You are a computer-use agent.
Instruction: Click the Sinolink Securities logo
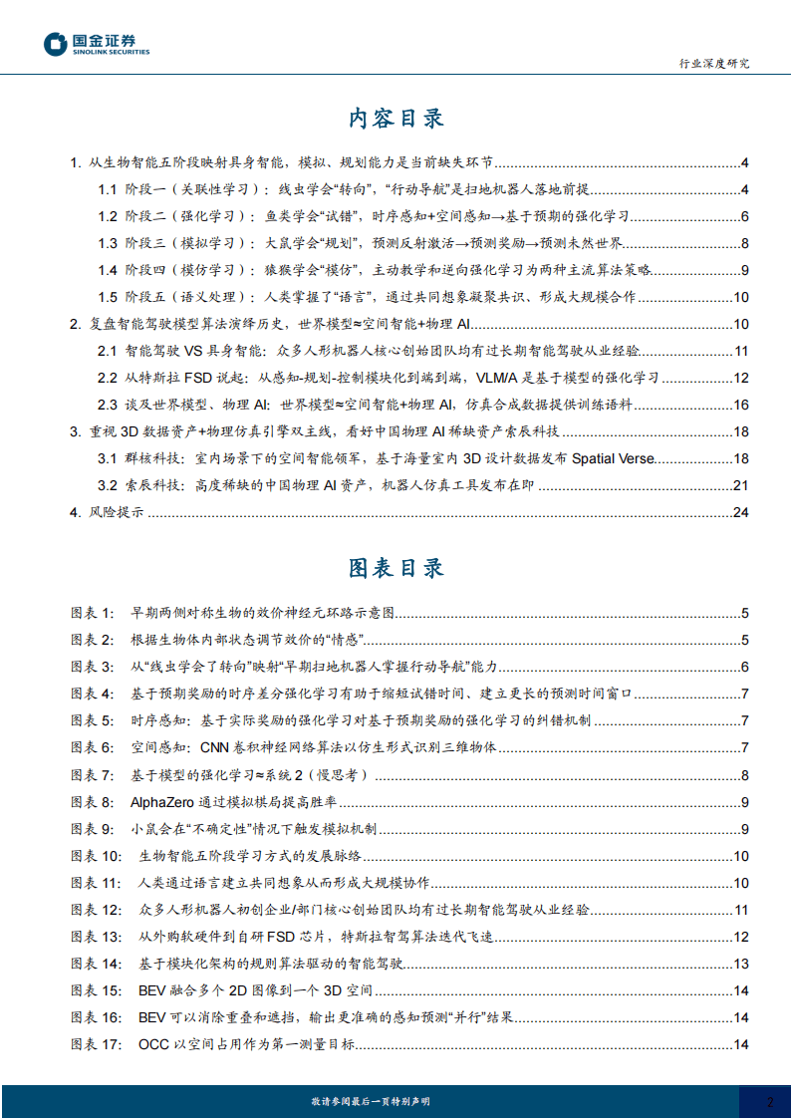(97, 44)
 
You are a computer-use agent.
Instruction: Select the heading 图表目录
(395, 568)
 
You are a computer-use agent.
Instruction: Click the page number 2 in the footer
(769, 1101)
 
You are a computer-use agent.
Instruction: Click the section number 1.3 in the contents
(108, 243)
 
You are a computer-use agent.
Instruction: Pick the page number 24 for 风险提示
(740, 512)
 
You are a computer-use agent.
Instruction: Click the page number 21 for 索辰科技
(740, 485)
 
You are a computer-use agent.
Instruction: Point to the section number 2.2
(108, 378)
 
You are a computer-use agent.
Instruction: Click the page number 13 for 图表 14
(740, 964)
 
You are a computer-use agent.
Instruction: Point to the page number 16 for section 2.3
(740, 405)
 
